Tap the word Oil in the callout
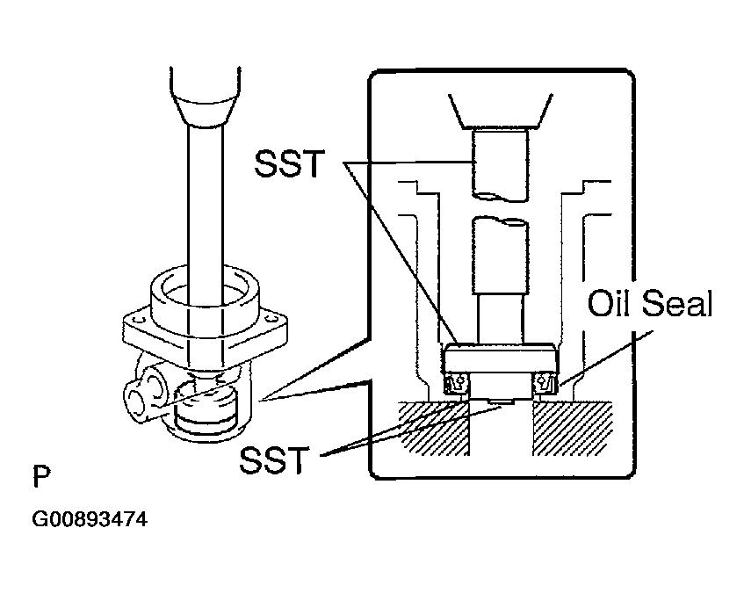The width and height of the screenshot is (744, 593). coord(608,305)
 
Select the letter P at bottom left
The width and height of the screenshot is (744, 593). coord(40,478)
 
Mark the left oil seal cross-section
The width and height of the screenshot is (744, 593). coord(456,383)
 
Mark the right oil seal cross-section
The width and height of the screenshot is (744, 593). coord(545,383)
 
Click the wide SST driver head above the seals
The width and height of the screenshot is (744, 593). coord(500,358)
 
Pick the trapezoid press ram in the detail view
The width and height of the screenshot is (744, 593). coord(499,109)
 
